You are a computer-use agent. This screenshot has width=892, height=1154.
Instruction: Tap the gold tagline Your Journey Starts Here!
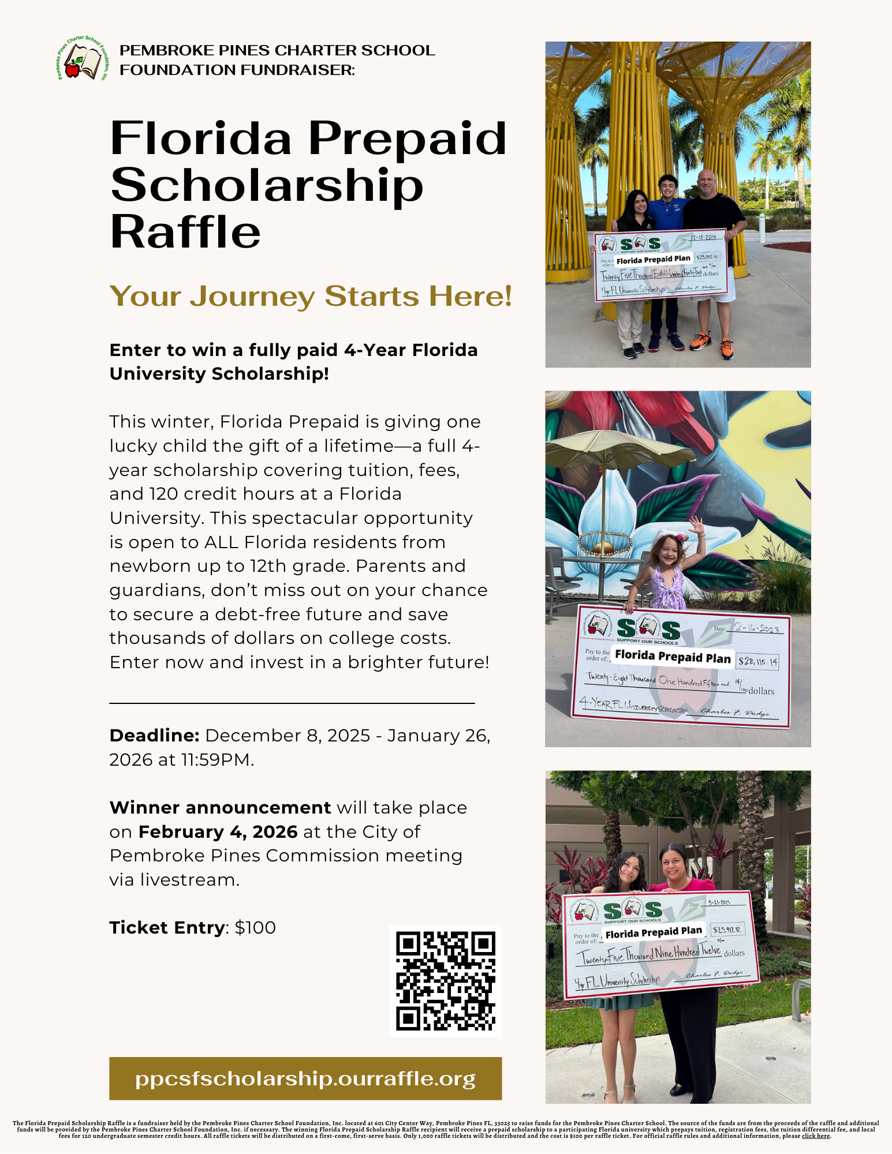pos(311,296)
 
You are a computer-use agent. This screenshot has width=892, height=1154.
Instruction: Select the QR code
pos(445,980)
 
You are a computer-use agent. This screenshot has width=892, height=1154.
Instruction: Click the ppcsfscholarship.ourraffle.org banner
pos(305,1078)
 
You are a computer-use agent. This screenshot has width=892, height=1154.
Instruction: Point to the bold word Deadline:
pos(154,736)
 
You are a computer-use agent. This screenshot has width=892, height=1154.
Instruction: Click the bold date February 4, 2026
pos(218,832)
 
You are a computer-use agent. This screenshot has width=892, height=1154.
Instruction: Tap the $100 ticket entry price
pos(255,928)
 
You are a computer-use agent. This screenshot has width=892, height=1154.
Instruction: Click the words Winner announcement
pos(220,808)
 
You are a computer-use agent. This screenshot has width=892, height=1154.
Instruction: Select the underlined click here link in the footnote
pos(816,1136)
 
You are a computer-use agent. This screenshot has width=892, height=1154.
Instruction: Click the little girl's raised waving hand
pos(697,526)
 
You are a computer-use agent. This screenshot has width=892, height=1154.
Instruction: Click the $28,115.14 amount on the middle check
pos(758,661)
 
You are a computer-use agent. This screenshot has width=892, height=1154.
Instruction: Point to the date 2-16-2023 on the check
pos(756,628)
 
